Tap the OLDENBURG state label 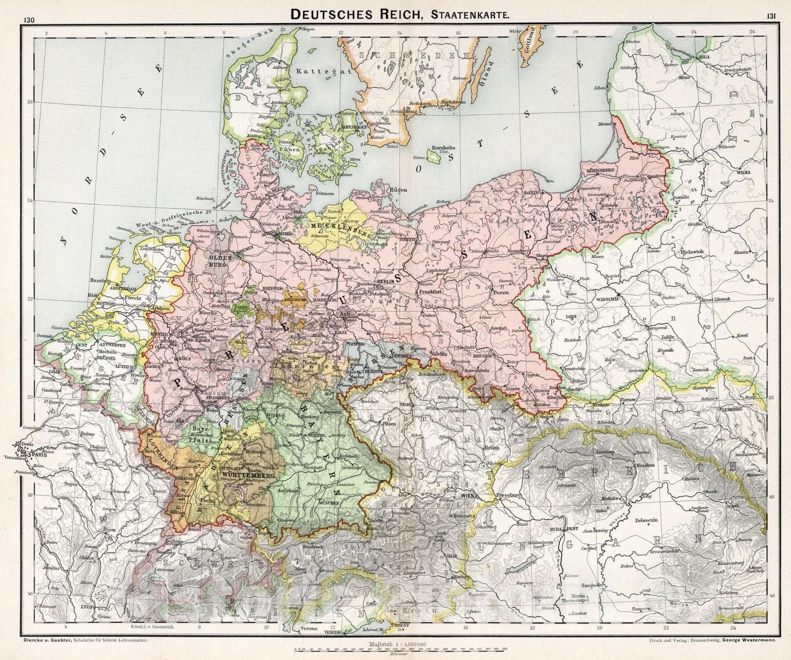pos(219,261)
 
